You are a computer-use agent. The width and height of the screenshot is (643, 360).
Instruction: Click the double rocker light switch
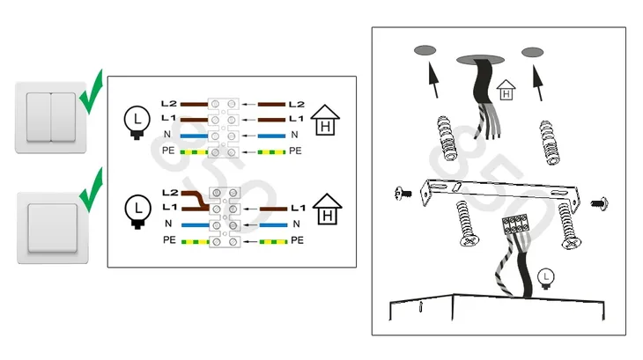click(51, 118)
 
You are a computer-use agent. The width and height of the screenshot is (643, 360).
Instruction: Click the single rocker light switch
click(53, 228)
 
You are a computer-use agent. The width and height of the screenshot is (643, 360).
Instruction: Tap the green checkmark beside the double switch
click(91, 92)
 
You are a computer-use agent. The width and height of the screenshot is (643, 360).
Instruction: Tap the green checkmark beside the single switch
click(91, 190)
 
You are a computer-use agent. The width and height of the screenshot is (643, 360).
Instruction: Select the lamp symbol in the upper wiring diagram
click(137, 122)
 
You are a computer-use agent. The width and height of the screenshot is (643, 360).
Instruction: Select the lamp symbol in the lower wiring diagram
click(137, 211)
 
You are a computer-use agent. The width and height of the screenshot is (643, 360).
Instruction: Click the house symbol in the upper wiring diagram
click(325, 120)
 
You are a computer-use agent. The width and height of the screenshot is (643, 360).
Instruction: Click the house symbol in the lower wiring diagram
click(328, 209)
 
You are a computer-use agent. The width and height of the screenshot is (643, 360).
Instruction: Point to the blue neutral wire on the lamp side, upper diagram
click(194, 136)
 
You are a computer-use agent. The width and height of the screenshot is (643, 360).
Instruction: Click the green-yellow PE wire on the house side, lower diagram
click(273, 242)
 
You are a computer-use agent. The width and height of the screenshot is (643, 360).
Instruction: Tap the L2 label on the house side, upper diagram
click(297, 105)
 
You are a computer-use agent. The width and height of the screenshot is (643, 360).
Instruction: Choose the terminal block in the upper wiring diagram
click(223, 128)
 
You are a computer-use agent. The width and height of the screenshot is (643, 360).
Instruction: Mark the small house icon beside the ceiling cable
click(506, 90)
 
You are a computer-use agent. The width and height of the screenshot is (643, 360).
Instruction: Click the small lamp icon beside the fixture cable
click(546, 278)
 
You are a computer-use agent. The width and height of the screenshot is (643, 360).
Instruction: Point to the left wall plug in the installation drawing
click(447, 138)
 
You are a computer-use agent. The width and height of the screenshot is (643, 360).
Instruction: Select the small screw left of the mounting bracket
click(403, 193)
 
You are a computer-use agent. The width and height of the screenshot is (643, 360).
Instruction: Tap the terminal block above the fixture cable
click(515, 224)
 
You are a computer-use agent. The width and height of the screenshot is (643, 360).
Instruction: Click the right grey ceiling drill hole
click(532, 52)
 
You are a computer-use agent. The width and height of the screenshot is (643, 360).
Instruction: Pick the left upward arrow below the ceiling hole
click(433, 80)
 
